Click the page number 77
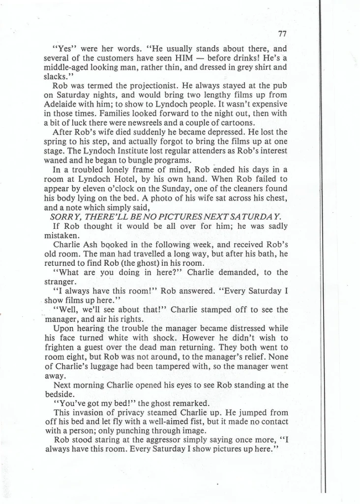[x=282, y=34]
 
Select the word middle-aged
[x=64, y=67]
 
